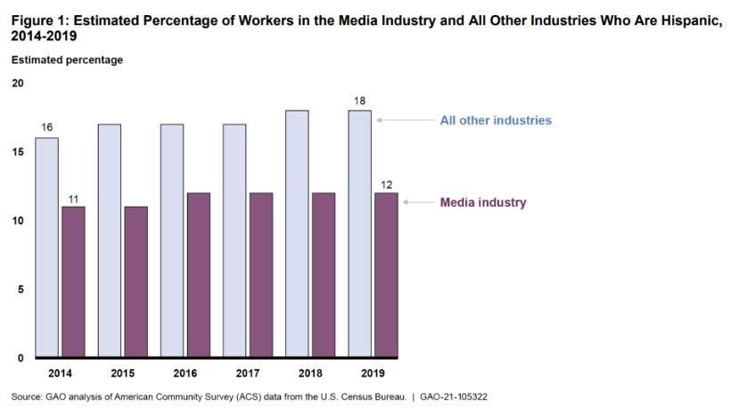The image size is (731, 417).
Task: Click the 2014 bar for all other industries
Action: [x=47, y=247]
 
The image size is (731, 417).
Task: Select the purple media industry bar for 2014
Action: [x=73, y=281]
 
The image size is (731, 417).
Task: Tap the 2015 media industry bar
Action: [x=136, y=281]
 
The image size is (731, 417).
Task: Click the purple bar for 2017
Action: [x=260, y=274]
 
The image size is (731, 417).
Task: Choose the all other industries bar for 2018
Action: [x=298, y=233]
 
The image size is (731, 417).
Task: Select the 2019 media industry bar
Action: [x=385, y=274]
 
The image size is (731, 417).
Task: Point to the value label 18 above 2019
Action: [x=359, y=101]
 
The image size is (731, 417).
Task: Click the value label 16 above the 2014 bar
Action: [x=47, y=128]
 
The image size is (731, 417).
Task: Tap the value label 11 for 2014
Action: [x=73, y=197]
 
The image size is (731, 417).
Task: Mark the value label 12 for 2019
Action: [x=385, y=184]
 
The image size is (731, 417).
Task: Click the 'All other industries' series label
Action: [x=496, y=119]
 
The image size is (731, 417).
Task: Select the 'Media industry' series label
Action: [x=483, y=202]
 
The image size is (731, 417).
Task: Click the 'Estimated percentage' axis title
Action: [x=67, y=61]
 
